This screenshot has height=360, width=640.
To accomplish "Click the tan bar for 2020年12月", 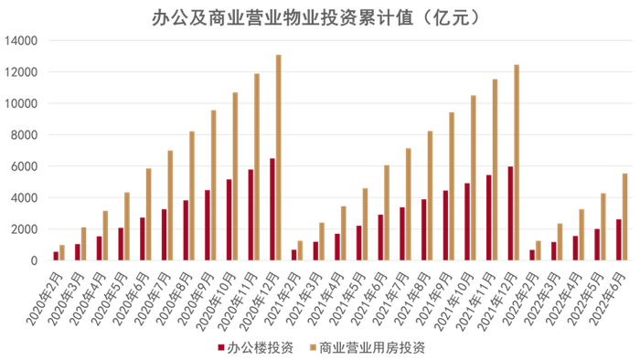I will (x=279, y=157).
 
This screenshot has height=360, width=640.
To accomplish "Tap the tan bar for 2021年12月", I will (x=517, y=162).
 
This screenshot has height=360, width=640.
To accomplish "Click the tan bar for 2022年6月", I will (x=625, y=217).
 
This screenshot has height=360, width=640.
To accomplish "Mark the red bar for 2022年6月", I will (x=619, y=239).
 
